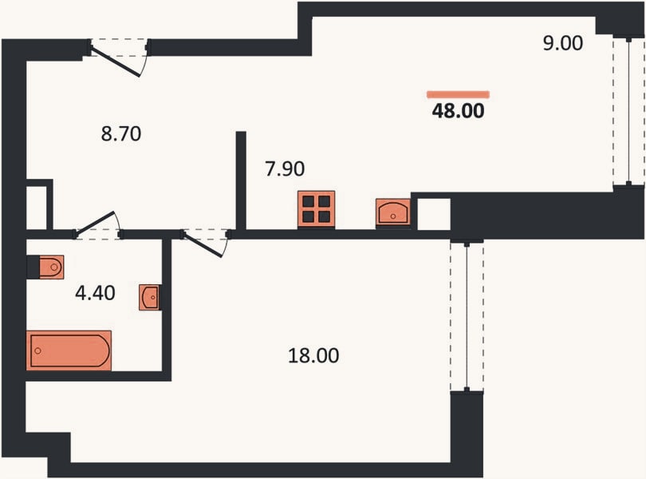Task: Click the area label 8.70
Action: coord(121,134)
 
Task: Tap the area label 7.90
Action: coord(285,168)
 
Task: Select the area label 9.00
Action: coord(563,43)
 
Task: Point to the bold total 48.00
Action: coord(458,111)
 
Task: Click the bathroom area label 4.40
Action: coord(95,293)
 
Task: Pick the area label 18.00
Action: coord(313,355)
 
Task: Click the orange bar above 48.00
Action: coord(458,94)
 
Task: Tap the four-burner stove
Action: coord(317,209)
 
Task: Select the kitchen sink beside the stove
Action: coord(393,212)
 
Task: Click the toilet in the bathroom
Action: coord(51,267)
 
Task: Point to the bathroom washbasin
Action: coord(150,297)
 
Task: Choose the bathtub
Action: coord(69,350)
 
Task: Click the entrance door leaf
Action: coord(116,62)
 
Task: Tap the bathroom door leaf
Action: coord(95,224)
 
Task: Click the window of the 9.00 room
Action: coord(628,112)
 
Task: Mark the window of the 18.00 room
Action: coord(467,316)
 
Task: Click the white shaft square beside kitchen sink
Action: coord(434,215)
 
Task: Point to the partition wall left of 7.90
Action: coord(241,180)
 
